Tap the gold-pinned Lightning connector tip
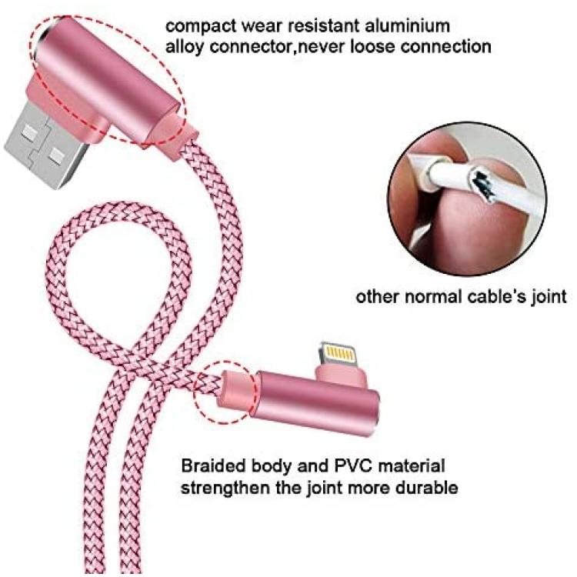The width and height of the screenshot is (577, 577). [x=338, y=354]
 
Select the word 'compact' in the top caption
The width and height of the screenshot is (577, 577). [x=201, y=27]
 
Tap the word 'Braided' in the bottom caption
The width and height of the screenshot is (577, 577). [x=214, y=466]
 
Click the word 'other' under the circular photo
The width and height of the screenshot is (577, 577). [x=378, y=297]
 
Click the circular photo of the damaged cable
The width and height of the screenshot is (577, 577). [x=467, y=198]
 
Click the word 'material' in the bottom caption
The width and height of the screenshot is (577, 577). [x=412, y=466]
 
